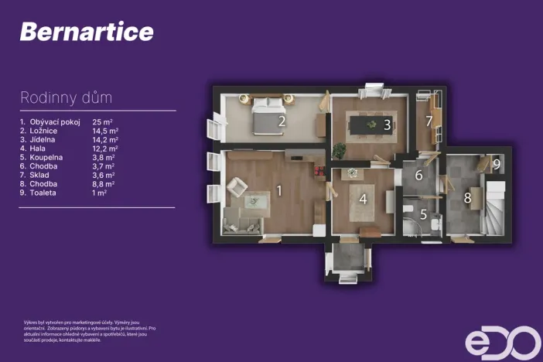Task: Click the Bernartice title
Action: click(x=87, y=32)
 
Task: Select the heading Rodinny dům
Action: click(x=66, y=98)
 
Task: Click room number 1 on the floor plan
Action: click(x=280, y=190)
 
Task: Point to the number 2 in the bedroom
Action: click(x=282, y=121)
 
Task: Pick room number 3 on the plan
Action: click(x=387, y=124)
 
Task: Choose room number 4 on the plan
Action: click(x=363, y=199)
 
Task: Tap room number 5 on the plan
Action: click(x=423, y=214)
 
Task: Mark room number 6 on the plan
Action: click(x=418, y=176)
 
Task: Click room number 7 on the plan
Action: click(x=429, y=121)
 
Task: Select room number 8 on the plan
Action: click(x=467, y=198)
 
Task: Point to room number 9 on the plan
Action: click(x=497, y=164)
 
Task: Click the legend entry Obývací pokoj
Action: click(x=56, y=122)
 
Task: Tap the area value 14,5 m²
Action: click(x=104, y=131)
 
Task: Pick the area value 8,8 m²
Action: click(x=103, y=184)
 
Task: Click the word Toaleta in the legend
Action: click(x=44, y=193)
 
